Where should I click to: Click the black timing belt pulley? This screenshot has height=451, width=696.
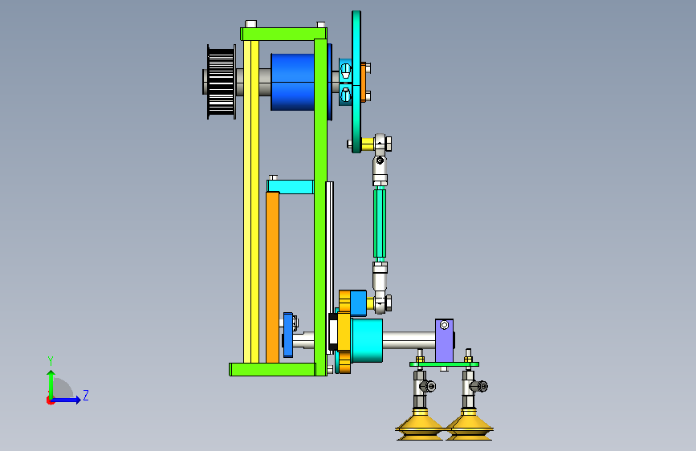pyautogui.click(x=221, y=82)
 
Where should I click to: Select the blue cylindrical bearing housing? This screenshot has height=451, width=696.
pyautogui.click(x=292, y=82)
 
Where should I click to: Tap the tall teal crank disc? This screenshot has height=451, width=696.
pyautogui.click(x=356, y=82)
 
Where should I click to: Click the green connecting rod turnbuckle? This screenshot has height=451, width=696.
pyautogui.click(x=380, y=223)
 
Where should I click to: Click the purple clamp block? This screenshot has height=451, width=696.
pyautogui.click(x=444, y=340)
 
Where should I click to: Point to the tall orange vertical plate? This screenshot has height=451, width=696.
pyautogui.click(x=273, y=277)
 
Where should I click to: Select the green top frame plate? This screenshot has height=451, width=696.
pyautogui.click(x=284, y=35)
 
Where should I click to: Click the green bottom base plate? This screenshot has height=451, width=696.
pyautogui.click(x=273, y=369)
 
